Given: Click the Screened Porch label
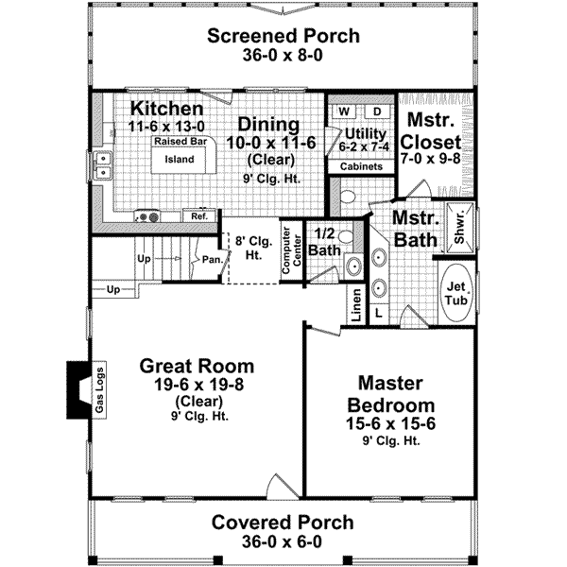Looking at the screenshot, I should tap(283, 37).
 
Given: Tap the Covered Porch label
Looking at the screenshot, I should tap(283, 523).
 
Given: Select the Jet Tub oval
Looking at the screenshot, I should tap(457, 294).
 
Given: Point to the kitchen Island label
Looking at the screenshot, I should tap(180, 160).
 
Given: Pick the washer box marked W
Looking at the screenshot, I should tap(343, 112).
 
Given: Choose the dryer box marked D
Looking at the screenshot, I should tap(374, 112).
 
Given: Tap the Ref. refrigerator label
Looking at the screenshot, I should tap(198, 216).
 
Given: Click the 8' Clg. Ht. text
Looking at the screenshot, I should tap(251, 247).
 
